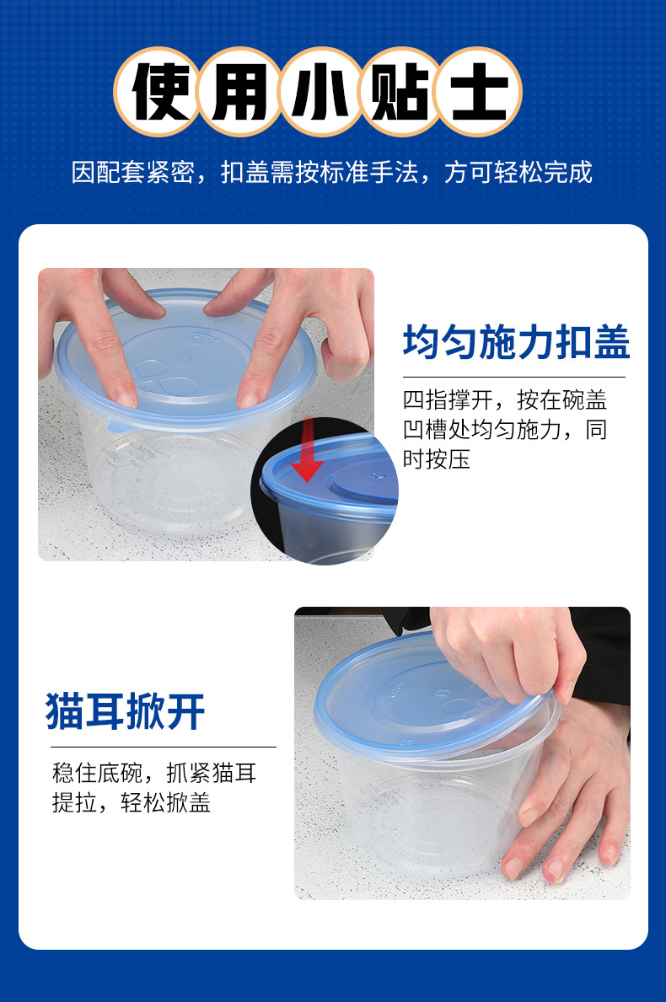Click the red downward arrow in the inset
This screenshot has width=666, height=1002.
pyautogui.click(x=309, y=450)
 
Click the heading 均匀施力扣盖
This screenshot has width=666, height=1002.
pyautogui.click(x=516, y=344)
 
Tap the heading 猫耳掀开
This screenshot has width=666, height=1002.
pyautogui.click(x=126, y=712)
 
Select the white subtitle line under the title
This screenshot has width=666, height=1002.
pyautogui.click(x=332, y=173)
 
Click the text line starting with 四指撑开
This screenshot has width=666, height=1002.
pyautogui.click(x=504, y=400)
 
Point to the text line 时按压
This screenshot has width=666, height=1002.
pyautogui.click(x=437, y=460)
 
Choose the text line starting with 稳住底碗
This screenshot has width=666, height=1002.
pyautogui.click(x=154, y=772)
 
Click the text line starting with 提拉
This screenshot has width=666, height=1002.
pyautogui.click(x=131, y=803)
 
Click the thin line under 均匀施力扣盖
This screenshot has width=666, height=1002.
pyautogui.click(x=513, y=377)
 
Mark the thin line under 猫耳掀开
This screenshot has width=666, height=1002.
pyautogui.click(x=163, y=747)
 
